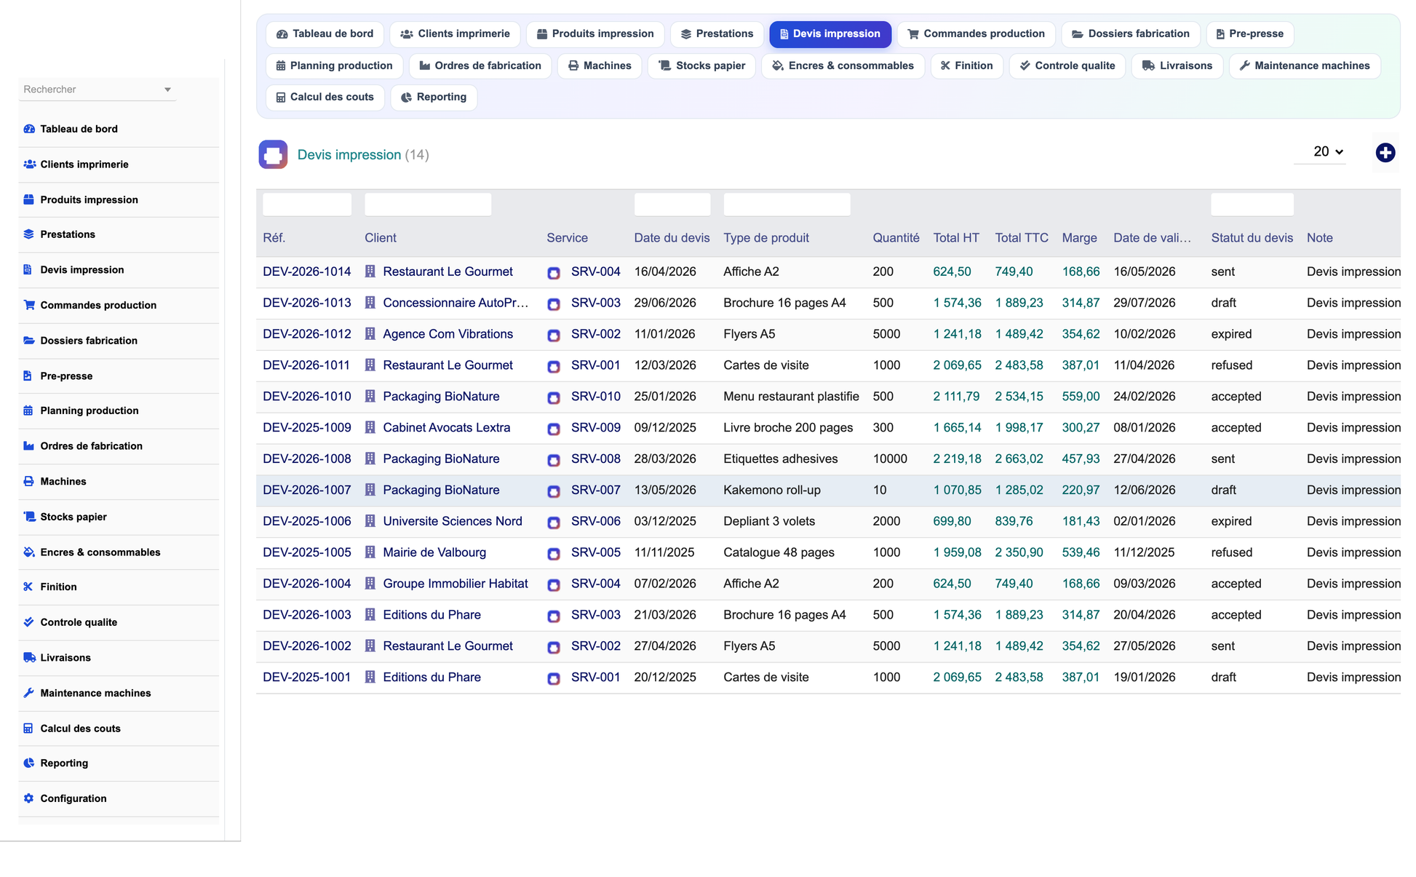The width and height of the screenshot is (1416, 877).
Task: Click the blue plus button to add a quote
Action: [1385, 153]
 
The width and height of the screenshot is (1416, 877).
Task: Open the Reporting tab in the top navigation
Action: [434, 98]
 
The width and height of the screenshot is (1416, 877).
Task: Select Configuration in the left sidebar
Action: [73, 798]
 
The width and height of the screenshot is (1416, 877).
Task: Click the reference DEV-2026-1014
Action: [306, 271]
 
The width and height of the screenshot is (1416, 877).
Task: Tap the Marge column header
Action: [1079, 238]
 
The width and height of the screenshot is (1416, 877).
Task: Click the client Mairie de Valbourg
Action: [434, 552]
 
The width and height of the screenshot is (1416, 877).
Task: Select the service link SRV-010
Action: [595, 397]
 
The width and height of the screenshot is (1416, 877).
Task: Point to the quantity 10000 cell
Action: [890, 459]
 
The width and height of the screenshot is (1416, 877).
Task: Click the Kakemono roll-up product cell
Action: [771, 491]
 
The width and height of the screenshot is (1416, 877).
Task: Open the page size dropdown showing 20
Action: [1327, 151]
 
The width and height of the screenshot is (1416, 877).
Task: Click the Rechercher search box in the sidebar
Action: [97, 90]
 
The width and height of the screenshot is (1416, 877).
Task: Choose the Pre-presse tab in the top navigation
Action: [1250, 34]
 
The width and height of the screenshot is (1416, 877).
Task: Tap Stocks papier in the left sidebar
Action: [73, 517]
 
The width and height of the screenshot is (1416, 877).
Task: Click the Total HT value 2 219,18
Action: [957, 459]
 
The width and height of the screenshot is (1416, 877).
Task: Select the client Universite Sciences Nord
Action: [452, 521]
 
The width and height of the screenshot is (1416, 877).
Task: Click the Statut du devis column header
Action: [1252, 238]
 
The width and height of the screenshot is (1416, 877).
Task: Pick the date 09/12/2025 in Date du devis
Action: [664, 428]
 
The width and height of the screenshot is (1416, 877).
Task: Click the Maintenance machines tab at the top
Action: [1305, 66]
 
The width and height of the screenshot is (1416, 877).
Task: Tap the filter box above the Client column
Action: [427, 205]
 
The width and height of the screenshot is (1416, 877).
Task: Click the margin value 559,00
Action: [1081, 397]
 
